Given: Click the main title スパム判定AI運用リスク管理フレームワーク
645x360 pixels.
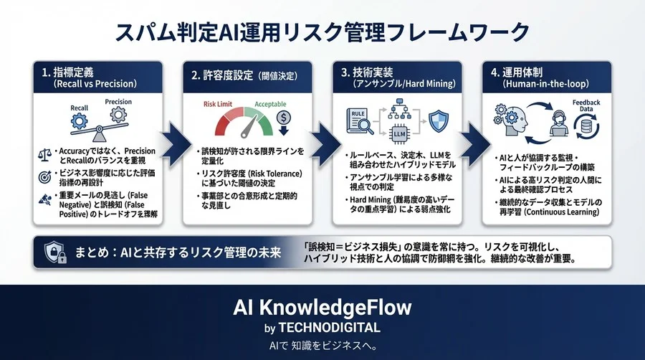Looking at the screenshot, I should point(322,32).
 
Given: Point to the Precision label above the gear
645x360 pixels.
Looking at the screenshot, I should point(119,101).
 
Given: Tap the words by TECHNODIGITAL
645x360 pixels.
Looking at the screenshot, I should point(322,328).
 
